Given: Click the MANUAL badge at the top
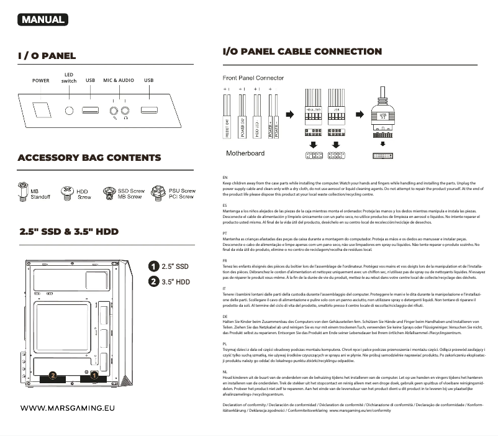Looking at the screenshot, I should click(x=43, y=19).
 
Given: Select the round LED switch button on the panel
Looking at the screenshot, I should click(x=70, y=111).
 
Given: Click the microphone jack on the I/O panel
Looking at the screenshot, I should click(x=114, y=112).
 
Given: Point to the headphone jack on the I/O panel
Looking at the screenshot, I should click(x=126, y=112).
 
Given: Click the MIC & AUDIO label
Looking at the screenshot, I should click(x=119, y=81).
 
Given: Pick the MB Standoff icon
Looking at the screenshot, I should click(x=24, y=191).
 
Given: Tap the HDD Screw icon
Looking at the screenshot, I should click(x=66, y=193).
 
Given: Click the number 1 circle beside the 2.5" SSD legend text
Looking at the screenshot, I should click(x=153, y=266).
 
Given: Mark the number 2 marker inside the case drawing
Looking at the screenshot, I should click(x=53, y=376).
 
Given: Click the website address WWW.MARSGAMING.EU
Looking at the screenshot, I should click(x=68, y=409).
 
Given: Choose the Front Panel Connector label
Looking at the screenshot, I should click(x=253, y=78).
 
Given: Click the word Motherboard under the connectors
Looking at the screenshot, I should click(x=245, y=153).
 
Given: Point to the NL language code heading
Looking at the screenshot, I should click(x=225, y=371).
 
